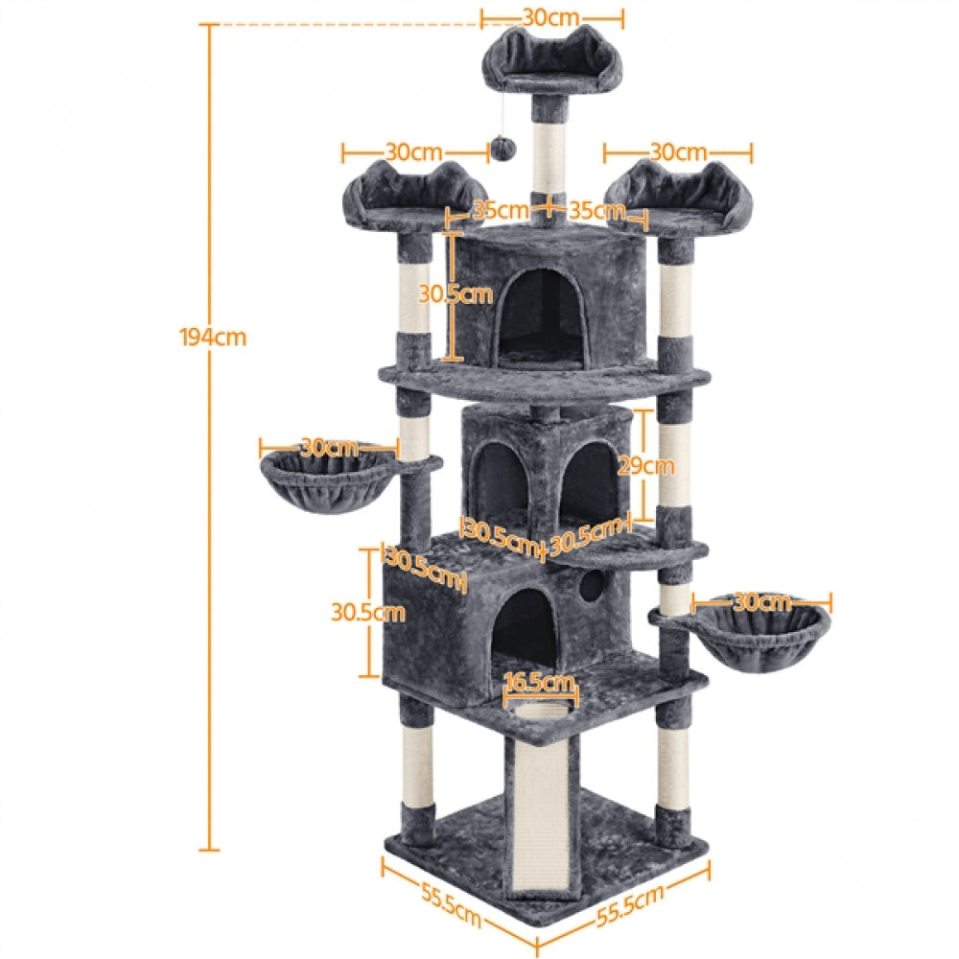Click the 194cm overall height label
[x=212, y=337]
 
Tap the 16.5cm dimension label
[x=540, y=683]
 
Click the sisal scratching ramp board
[x=537, y=815]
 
